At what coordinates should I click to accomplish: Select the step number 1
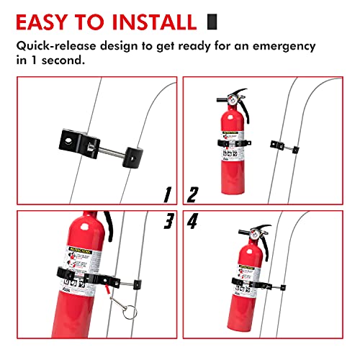[166, 194]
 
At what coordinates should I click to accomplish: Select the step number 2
[192, 194]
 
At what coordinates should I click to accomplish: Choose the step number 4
[193, 222]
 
